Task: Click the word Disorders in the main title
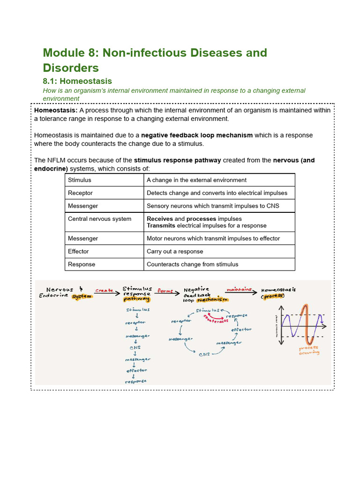point(71,67)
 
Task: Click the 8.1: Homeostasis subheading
point(77,81)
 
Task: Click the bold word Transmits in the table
point(161,225)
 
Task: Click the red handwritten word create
point(104,291)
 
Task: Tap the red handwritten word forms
point(165,291)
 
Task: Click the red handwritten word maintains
point(239,290)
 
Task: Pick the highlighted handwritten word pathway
point(136,299)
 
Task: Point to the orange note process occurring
point(309,350)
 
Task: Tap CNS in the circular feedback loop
point(204,354)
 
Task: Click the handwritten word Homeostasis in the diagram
point(281,290)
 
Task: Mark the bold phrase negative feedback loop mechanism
point(197,135)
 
